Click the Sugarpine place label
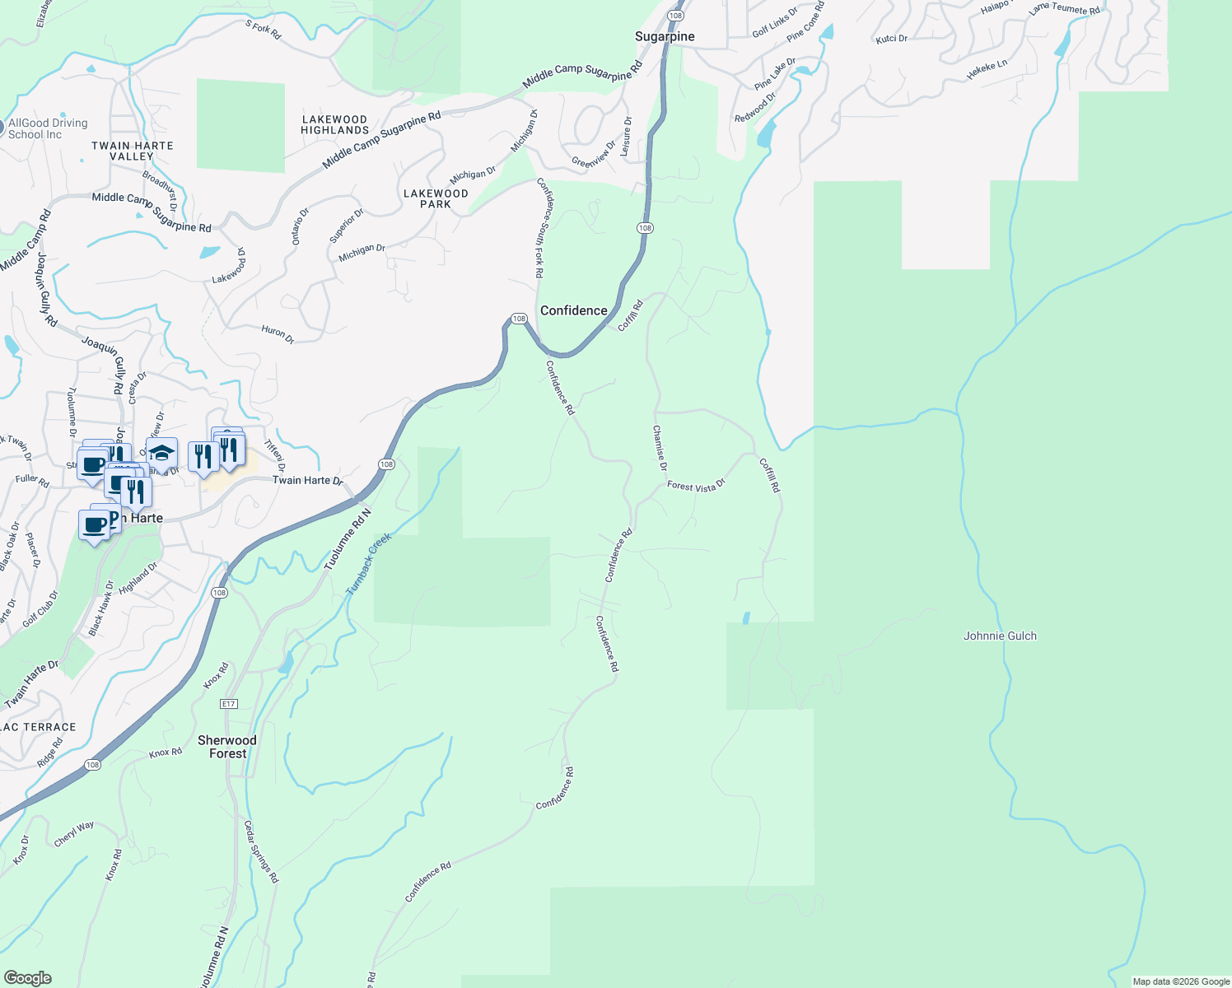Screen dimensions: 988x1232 (x=665, y=36)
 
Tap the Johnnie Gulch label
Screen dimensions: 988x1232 (x=1000, y=636)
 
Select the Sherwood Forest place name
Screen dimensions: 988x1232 (x=227, y=747)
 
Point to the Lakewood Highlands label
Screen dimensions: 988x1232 (x=334, y=124)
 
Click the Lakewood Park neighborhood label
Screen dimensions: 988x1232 (x=436, y=198)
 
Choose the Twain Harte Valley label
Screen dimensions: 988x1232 (x=133, y=151)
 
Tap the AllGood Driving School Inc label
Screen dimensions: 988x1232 (x=47, y=128)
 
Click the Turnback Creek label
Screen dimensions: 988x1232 (x=368, y=564)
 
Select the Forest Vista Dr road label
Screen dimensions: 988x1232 (x=696, y=486)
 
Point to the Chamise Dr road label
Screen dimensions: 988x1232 (x=660, y=448)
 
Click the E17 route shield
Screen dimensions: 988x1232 (x=229, y=704)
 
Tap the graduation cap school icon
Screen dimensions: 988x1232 (x=162, y=454)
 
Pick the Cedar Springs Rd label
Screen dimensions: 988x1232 (x=262, y=851)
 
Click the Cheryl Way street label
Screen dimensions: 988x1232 (x=74, y=834)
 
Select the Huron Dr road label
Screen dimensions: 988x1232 (x=278, y=333)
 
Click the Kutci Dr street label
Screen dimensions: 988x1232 (x=891, y=39)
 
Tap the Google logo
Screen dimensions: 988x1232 (x=27, y=978)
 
